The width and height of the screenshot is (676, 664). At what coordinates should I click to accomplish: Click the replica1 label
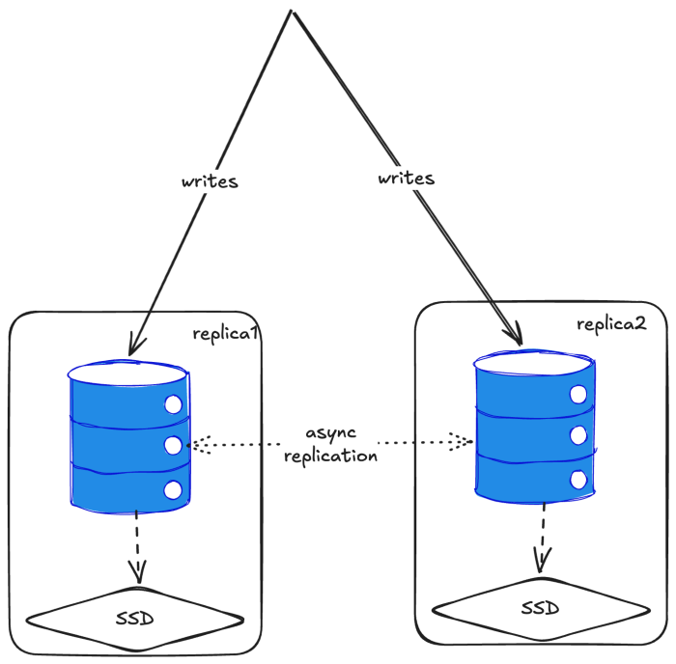point(225,335)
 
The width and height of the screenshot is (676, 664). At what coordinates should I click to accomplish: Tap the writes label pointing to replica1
point(209,180)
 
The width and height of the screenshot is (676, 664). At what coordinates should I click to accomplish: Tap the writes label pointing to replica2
point(406,179)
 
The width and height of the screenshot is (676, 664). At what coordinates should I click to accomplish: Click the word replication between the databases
point(330,456)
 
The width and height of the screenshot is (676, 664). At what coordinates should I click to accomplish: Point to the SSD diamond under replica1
point(135,617)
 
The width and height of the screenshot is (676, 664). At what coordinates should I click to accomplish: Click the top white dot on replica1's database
point(174,404)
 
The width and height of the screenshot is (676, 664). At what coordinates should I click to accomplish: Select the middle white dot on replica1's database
point(174,445)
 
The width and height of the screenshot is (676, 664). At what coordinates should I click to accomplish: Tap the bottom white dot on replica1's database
point(174,488)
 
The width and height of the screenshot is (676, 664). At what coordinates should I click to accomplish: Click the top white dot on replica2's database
point(578,394)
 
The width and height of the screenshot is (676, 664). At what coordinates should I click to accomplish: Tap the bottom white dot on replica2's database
point(578,479)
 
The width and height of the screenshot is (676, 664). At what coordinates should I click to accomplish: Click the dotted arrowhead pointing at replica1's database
point(195,445)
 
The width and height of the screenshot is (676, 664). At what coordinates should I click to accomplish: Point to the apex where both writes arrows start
point(292,13)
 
